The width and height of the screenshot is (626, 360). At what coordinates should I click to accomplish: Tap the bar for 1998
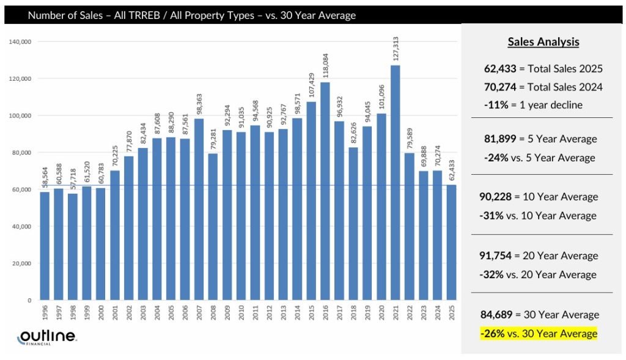(x=73, y=247)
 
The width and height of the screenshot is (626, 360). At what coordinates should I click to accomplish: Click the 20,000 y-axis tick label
(x=23, y=263)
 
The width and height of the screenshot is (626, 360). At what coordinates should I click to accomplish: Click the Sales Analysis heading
(x=543, y=42)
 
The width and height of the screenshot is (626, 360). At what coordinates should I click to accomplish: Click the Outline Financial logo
(x=46, y=337)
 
